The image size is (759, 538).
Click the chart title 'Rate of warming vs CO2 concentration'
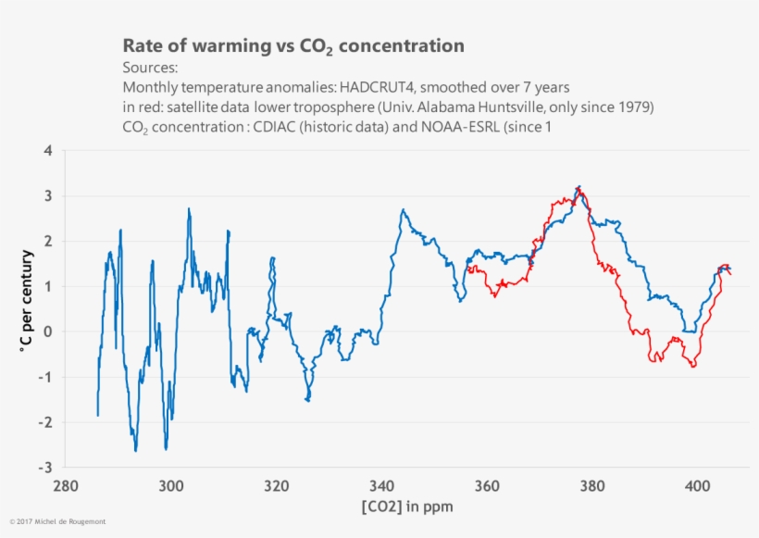[293, 46]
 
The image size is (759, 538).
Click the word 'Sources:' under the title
[150, 69]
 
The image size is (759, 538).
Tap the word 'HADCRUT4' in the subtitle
[379, 88]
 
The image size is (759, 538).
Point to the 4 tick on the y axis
[47, 151]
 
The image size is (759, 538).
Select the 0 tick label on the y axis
[47, 332]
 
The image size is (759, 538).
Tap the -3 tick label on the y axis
[44, 467]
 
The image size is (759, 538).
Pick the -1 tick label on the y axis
[44, 377]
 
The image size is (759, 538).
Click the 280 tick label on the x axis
[65, 485]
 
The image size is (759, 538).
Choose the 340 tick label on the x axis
[381, 485]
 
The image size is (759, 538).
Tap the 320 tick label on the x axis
[276, 485]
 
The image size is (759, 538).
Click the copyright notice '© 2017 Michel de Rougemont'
[57, 522]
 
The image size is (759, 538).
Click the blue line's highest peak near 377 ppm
[579, 186]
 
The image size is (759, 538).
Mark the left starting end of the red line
[468, 269]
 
